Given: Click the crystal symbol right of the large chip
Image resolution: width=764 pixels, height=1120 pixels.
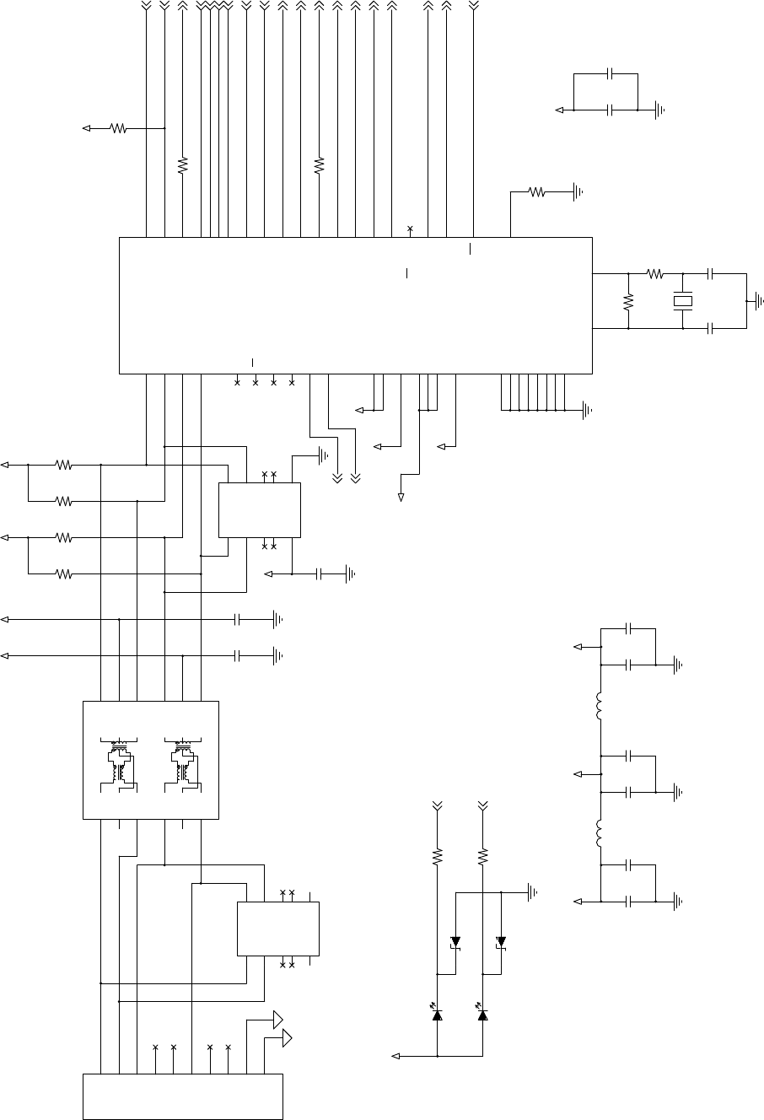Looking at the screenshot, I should coord(682,301).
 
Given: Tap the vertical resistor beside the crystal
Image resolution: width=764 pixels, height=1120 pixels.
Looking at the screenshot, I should coord(628,301).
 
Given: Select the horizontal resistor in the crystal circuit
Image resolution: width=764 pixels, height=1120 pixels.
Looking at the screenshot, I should coord(655,273).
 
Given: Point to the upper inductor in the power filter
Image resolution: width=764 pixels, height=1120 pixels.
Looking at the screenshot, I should coord(600,707).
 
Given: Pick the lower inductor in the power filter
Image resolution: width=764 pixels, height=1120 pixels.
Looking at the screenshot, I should coord(600,833).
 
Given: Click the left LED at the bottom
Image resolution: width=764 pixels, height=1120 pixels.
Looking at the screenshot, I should coord(437,1015).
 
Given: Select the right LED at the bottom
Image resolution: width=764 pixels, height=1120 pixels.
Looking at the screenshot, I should coord(482,1015).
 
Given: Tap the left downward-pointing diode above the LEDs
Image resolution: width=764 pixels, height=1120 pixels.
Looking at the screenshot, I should coord(456,942).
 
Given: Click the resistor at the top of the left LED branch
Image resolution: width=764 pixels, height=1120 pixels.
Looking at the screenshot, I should coord(437,857).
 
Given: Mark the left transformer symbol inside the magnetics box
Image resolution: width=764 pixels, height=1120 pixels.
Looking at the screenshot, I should coord(119,762).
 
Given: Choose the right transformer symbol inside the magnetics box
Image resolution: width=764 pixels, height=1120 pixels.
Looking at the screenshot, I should coord(183,762).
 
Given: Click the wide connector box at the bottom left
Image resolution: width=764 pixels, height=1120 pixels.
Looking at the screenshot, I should coord(182,1096).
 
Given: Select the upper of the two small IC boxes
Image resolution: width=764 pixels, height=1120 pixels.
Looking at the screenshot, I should coord(260,509).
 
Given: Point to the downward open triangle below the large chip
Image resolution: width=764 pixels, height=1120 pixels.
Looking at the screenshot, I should coord(401,498).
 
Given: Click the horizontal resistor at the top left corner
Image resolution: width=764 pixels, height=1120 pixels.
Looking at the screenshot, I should coord(119,128).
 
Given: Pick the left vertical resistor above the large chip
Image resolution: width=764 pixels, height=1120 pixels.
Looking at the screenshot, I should coord(182,164).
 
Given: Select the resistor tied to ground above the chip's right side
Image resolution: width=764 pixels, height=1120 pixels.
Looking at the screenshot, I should coord(537,192).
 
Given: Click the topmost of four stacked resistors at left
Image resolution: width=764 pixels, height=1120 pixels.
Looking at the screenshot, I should coord(64,464).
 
